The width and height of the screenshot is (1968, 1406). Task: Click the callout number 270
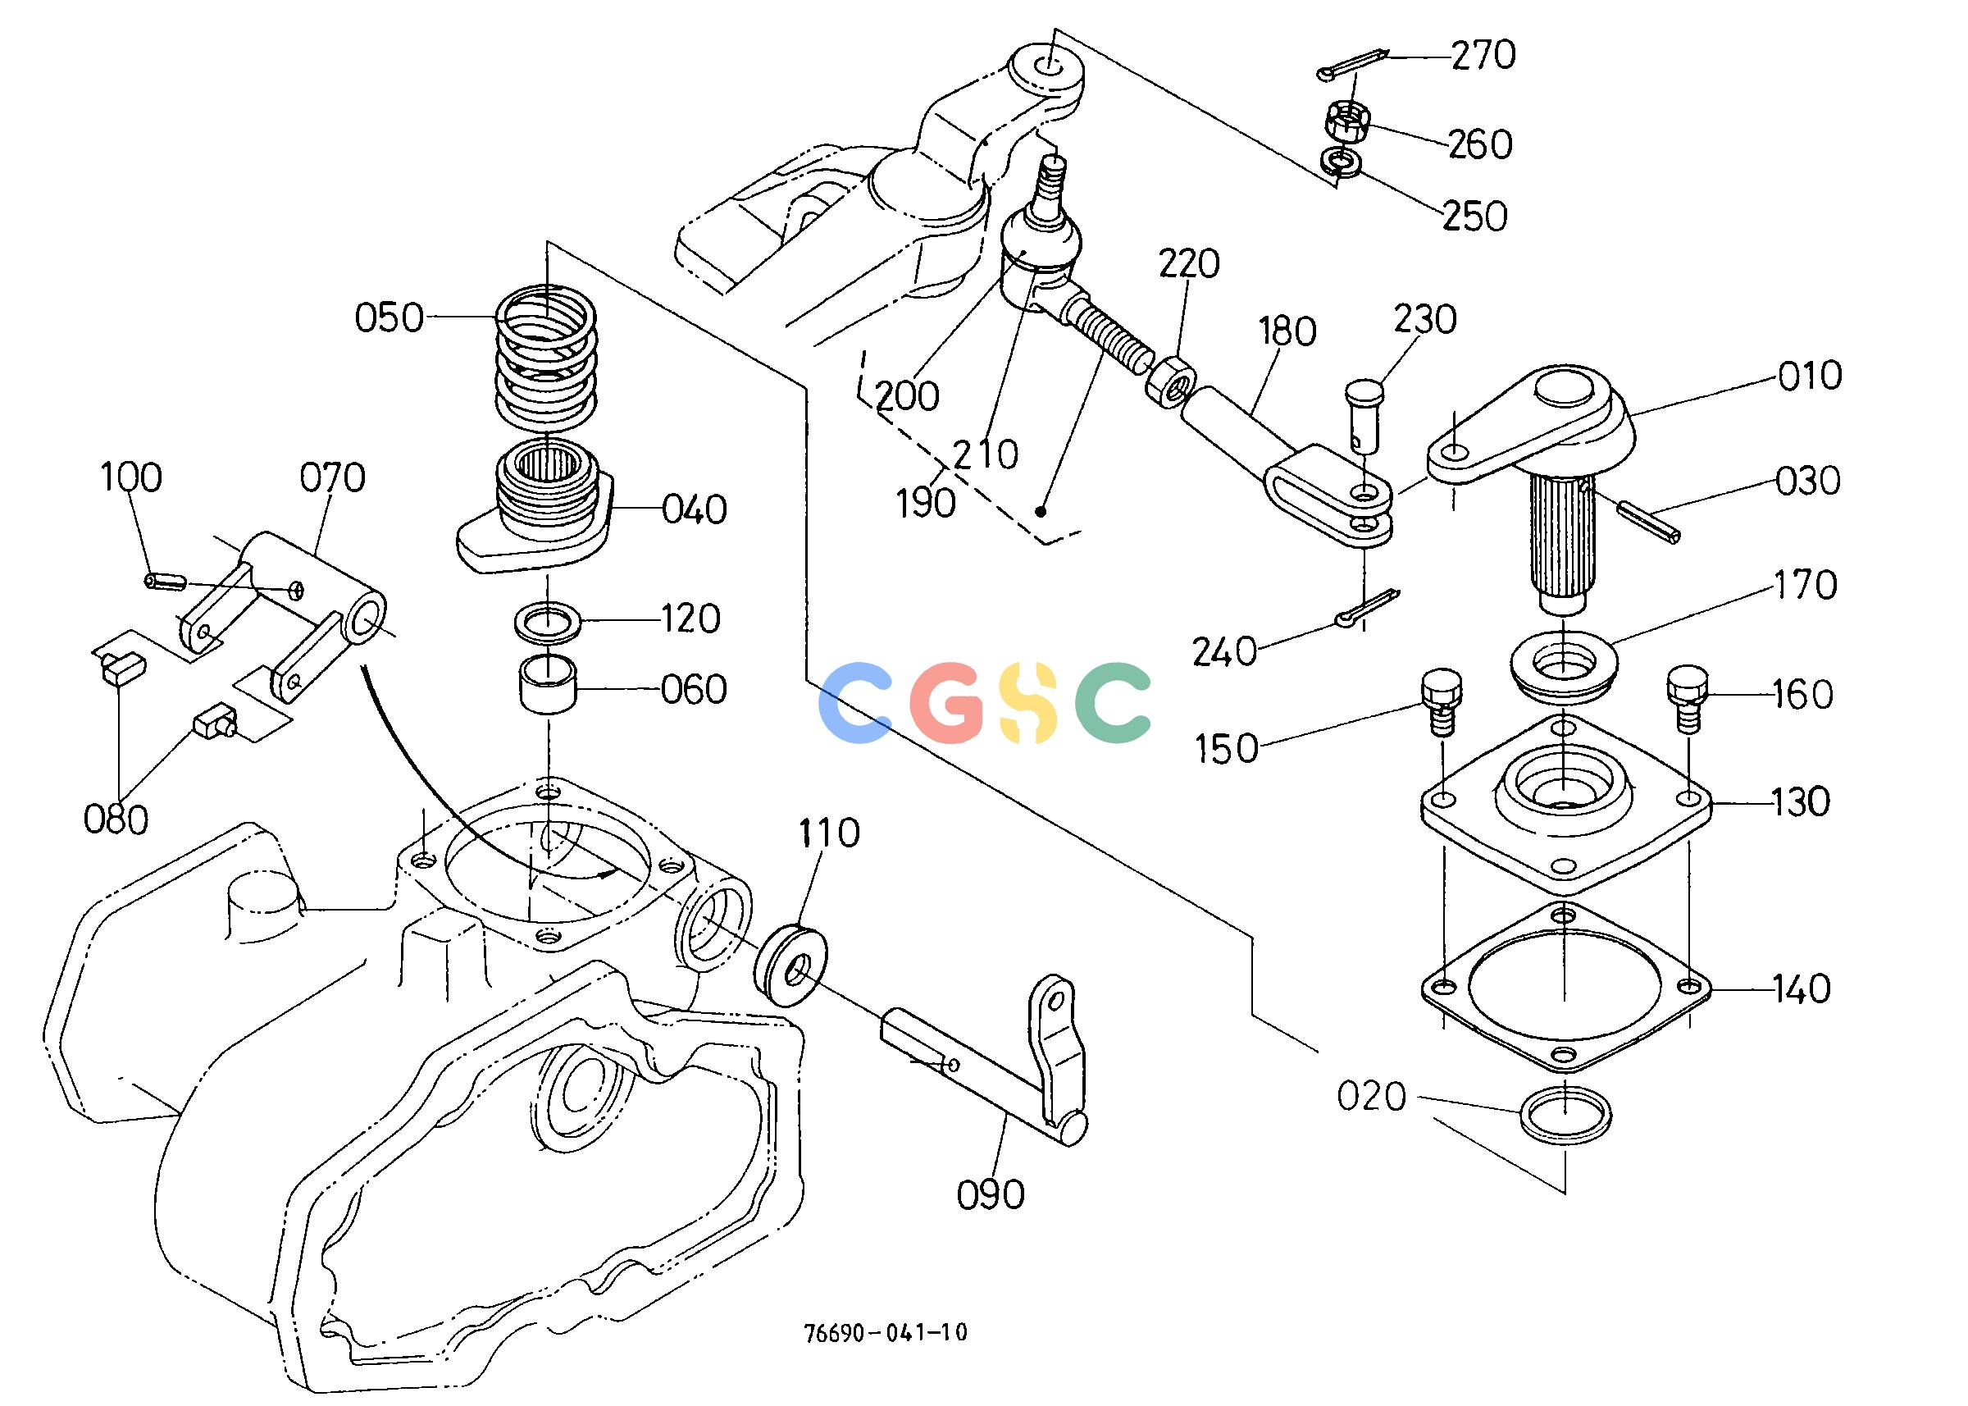point(1483,56)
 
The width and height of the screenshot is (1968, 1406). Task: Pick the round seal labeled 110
point(790,965)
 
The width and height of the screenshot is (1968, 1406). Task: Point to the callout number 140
point(1801,988)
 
